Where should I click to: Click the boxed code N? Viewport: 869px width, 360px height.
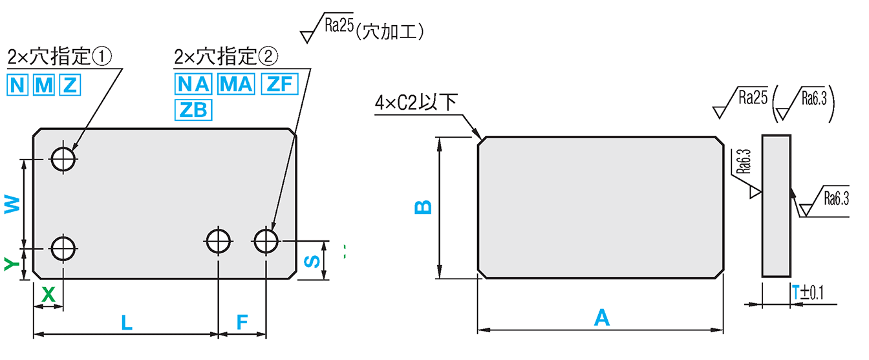coord(18,85)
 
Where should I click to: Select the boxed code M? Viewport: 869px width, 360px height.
coord(43,85)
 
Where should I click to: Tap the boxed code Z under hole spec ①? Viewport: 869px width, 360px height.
coord(69,85)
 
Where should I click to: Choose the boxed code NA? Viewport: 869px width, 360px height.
coord(192,85)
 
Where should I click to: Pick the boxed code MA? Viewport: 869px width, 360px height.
coord(237,85)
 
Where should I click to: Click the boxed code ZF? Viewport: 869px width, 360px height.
coord(279,85)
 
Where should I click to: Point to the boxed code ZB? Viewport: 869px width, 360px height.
coord(192,111)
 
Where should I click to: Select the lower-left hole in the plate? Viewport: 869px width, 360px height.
coord(64,248)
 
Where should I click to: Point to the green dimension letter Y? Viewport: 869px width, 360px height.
coord(10,263)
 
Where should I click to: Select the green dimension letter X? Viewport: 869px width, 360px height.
coord(48,295)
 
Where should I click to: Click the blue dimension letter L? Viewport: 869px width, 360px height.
coord(127,323)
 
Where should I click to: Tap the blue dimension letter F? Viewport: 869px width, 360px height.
coord(242,323)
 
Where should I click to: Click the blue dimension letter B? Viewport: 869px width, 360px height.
coord(422,207)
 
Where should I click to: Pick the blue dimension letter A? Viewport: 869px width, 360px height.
coord(601,318)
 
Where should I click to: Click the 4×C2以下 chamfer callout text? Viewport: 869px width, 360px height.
coord(416,103)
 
